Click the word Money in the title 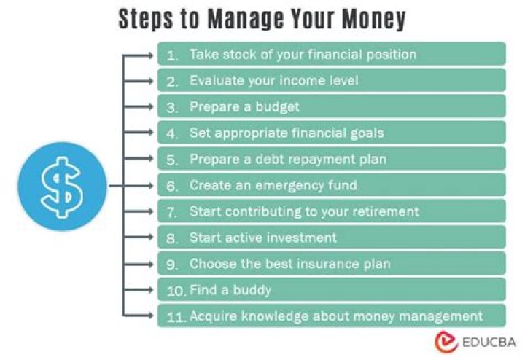373,19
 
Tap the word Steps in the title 146,20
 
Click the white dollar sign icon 61,187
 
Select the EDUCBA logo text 489,342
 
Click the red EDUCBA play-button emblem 446,342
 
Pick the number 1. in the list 172,55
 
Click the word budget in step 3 277,107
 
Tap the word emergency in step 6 289,186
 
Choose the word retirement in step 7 386,211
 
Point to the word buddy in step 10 252,291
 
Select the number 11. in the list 176,317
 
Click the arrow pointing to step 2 138,81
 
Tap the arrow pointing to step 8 138,238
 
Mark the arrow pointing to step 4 138,133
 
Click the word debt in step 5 270,160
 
